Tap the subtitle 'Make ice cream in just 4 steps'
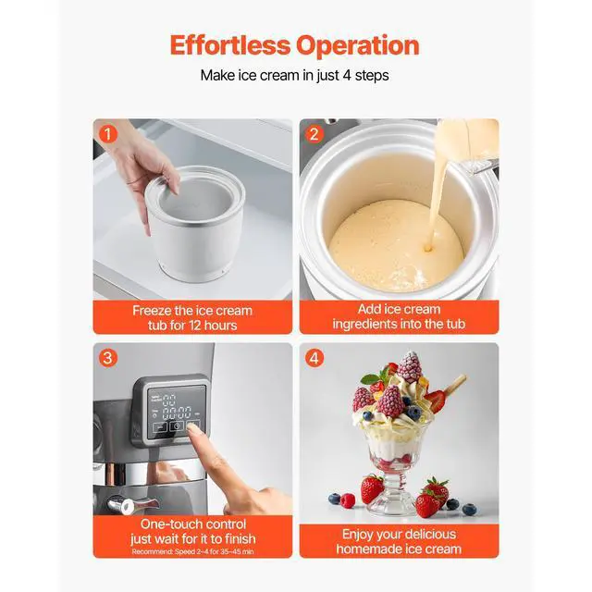pos(295,76)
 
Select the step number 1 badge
pos(109,133)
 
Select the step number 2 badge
pos(314,133)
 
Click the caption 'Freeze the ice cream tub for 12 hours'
pos(192,317)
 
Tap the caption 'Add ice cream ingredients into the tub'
pos(399,317)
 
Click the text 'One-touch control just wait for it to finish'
pos(192,531)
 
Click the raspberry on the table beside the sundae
pos(348,500)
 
